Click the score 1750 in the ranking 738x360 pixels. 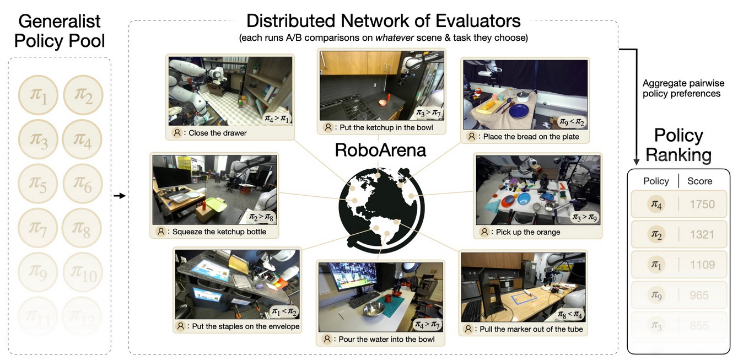coord(702,205)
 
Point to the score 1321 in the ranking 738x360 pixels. coord(702,234)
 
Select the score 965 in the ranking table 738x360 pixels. coord(699,295)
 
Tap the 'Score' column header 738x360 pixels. coord(699,181)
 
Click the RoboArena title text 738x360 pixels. coord(380,149)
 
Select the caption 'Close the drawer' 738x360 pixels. coord(217,133)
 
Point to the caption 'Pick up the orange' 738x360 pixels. coord(527,232)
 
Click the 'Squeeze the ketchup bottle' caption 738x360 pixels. coord(219,232)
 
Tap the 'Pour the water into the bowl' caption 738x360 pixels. coord(379,339)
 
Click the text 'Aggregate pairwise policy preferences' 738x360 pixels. coord(683,89)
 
